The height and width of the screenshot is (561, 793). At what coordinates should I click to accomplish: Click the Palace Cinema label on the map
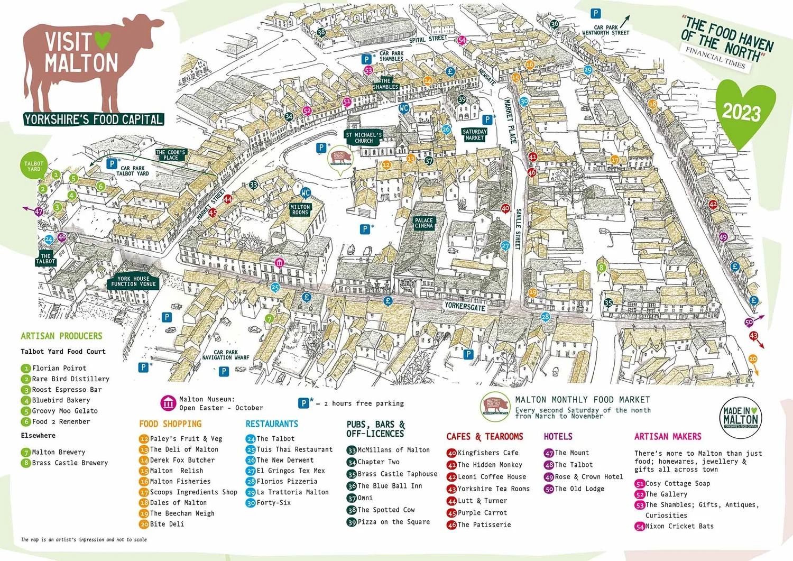[423, 223]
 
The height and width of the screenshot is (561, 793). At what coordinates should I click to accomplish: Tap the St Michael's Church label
[364, 138]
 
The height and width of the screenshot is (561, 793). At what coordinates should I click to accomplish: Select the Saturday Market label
[474, 135]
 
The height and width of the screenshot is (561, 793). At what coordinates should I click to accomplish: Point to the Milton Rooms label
[300, 210]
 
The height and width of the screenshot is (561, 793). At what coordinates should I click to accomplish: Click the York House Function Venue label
[133, 281]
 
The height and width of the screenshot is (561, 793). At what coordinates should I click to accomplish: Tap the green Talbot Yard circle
[34, 166]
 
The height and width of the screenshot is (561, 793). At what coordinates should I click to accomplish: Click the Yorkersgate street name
[465, 306]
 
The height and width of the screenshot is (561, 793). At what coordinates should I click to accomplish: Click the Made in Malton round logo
[740, 417]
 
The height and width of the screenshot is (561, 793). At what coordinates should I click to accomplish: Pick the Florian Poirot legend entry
[59, 368]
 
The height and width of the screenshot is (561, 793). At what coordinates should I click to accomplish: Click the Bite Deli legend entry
[167, 524]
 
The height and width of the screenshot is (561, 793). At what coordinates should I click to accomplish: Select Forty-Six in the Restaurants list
[273, 502]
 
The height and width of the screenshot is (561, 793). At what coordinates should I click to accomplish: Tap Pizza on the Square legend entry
[393, 522]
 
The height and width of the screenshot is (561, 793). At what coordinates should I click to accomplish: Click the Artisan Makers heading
[668, 436]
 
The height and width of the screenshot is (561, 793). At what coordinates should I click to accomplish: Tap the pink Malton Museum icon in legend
[168, 403]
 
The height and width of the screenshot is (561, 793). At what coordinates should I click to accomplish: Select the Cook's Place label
[170, 155]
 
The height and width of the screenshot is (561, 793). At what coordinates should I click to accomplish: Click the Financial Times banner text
[715, 58]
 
